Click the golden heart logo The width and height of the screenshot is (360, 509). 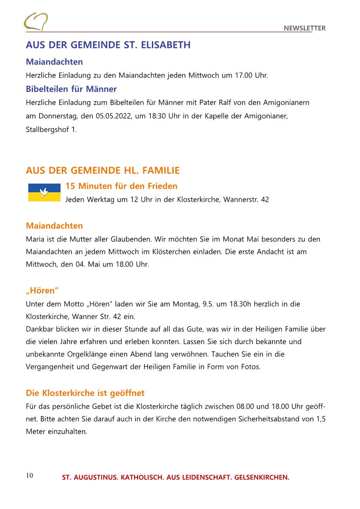[x=36, y=22]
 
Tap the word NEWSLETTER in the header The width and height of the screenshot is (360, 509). [x=305, y=28]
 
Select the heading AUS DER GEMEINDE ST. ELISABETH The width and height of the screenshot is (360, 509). [x=108, y=45]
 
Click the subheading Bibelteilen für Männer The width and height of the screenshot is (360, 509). [x=71, y=89]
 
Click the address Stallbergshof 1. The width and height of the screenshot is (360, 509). [x=51, y=130]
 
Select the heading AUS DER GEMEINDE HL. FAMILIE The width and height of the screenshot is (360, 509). [x=103, y=170]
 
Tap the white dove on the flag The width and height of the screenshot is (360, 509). [x=44, y=191]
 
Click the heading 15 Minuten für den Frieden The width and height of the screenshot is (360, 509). [x=121, y=186]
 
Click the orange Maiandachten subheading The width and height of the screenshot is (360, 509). [x=54, y=226]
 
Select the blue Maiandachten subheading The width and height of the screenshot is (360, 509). [x=54, y=62]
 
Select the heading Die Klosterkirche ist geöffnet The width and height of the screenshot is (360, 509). [x=85, y=393]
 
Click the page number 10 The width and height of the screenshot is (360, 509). [x=30, y=475]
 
